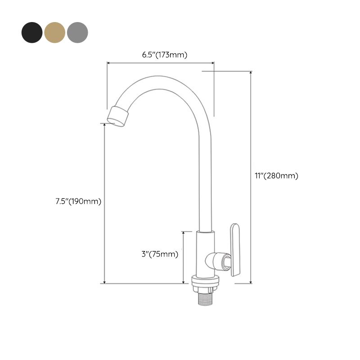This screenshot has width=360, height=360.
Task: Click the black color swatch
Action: point(31,31)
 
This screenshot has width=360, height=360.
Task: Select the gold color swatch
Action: point(55,31)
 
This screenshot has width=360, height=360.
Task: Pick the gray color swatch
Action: point(78,31)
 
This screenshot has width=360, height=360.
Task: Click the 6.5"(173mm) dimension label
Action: point(161,55)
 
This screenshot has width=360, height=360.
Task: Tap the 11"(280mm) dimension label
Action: point(275,176)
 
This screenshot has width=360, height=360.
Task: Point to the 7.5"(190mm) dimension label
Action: point(76,201)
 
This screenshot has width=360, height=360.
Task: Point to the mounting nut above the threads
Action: point(205,283)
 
